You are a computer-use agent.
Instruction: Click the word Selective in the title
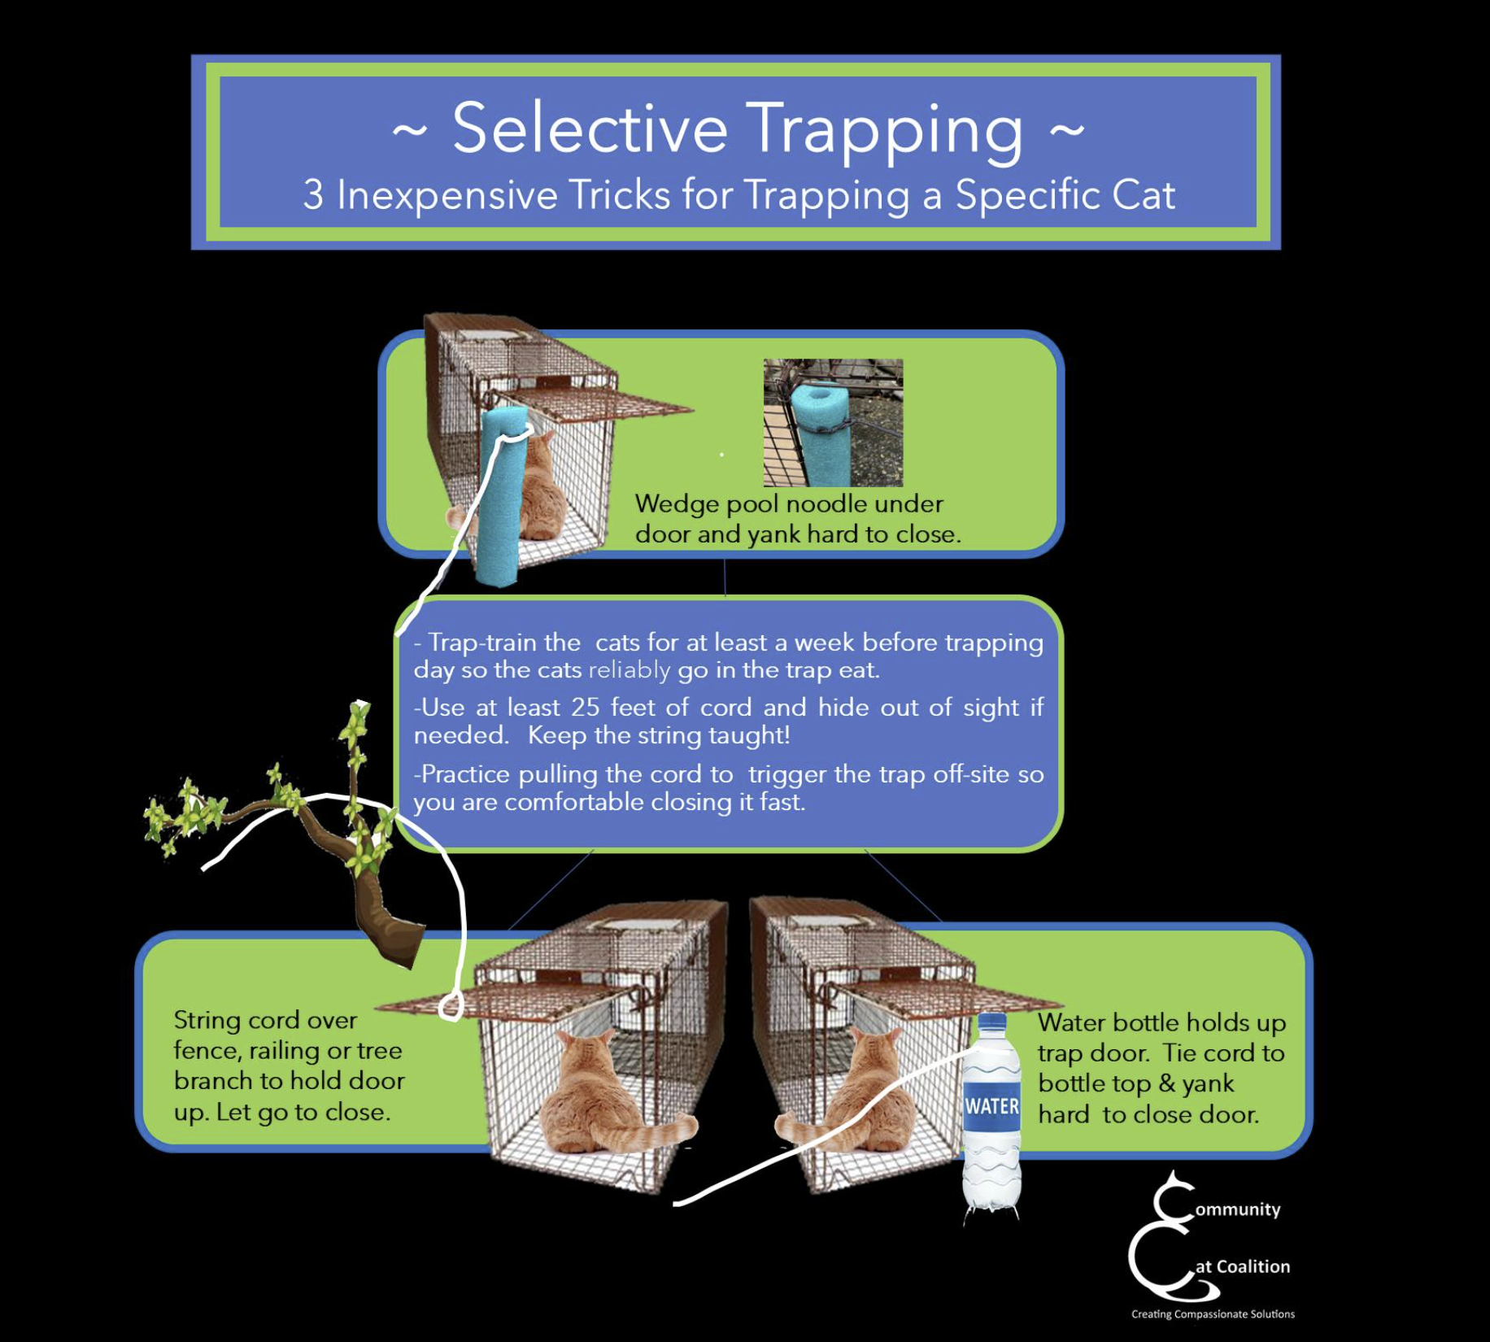589,128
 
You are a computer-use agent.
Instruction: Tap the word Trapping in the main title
883,130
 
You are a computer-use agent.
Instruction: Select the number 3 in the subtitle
313,195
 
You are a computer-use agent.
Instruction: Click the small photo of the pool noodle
833,422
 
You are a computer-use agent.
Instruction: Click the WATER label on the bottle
991,1106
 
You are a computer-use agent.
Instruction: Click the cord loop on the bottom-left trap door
451,1008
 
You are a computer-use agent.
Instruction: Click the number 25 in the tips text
585,707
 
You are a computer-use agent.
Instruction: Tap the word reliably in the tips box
630,670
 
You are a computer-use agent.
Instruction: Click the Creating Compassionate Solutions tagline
1212,1314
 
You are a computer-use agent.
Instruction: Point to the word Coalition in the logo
1253,1266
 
